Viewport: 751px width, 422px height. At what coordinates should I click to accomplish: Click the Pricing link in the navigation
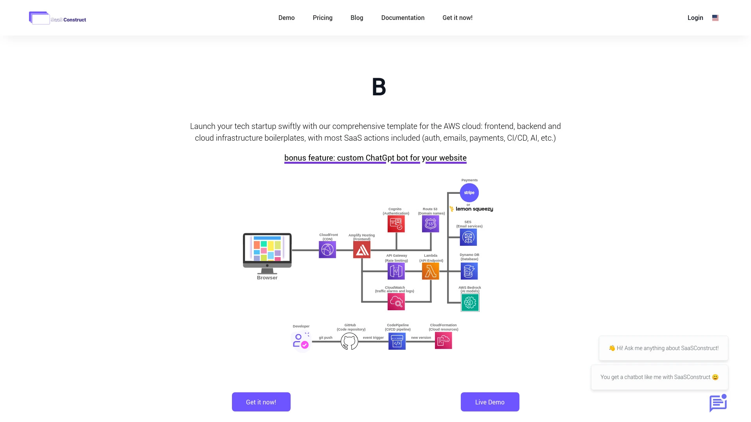pos(322,18)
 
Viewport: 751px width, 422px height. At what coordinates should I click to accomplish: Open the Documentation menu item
pos(402,18)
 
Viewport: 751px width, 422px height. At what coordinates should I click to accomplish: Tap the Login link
pos(695,18)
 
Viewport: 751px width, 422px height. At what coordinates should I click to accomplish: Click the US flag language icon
pos(715,18)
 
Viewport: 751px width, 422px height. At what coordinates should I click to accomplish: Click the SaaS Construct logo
pos(57,18)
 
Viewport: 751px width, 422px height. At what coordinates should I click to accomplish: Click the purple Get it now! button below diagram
pos(261,402)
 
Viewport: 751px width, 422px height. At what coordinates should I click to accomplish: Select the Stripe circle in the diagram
pos(469,193)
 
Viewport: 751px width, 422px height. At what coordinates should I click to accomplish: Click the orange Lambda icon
pos(430,271)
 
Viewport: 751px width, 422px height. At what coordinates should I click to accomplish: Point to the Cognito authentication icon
pos(396,224)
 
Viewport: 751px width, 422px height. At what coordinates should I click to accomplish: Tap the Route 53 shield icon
pos(430,224)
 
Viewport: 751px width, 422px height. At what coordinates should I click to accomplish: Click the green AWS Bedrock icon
pos(470,302)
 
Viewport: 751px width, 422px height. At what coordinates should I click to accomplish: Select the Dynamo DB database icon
pos(469,271)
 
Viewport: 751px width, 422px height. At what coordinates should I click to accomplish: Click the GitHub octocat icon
pos(349,342)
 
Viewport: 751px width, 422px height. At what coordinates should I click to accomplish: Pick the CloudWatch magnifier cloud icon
pos(396,302)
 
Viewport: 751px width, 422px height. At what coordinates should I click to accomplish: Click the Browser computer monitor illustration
pos(267,252)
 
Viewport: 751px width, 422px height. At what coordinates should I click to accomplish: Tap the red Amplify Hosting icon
pos(361,250)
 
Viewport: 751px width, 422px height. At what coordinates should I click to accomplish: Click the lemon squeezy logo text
pos(474,209)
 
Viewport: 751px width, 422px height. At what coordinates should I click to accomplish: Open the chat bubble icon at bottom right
pos(718,403)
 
